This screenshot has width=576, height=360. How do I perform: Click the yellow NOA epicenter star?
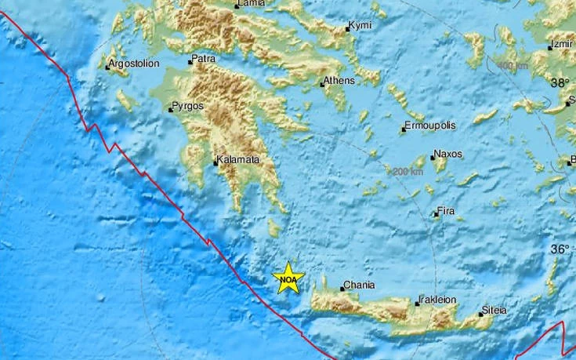288,278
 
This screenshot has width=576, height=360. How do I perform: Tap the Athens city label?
340,80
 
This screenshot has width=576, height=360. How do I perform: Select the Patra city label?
204,59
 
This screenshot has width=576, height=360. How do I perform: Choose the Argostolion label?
136,64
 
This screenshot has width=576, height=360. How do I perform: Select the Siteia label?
494,310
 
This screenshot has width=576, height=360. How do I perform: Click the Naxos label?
449,154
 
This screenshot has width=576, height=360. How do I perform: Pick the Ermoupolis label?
430,125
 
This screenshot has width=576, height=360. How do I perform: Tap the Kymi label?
360,26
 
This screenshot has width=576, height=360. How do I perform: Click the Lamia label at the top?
251,4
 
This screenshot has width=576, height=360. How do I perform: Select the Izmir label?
563,45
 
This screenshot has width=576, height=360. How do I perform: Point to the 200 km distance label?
408,171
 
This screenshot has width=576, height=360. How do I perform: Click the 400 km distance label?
513,64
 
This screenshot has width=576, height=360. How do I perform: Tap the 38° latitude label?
560,82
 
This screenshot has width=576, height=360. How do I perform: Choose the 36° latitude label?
560,249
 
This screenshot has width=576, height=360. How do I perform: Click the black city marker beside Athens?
322,82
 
